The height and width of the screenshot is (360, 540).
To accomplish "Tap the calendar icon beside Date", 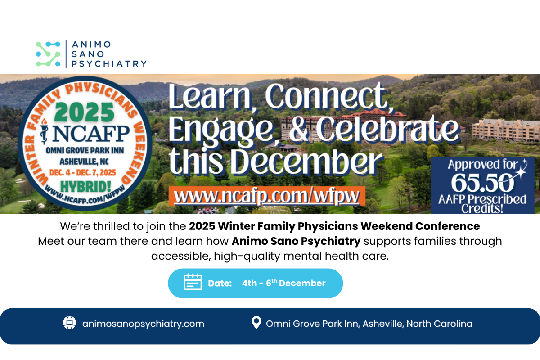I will click(x=193, y=283).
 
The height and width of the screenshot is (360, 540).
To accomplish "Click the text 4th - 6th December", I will click(x=283, y=283).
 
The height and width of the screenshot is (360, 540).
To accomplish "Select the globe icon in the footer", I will click(x=69, y=323).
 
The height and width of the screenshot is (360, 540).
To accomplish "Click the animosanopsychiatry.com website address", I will click(x=143, y=324).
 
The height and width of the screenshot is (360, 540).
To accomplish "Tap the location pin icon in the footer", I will click(x=256, y=323).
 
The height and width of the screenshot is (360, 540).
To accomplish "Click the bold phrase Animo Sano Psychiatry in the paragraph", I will click(x=296, y=241).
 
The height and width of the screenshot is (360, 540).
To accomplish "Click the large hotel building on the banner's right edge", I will click(x=504, y=130).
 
